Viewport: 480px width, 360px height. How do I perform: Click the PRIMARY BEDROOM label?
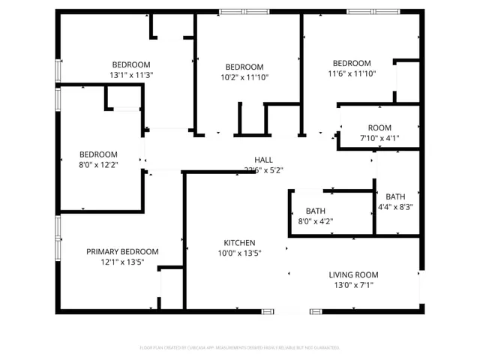[x=122, y=252]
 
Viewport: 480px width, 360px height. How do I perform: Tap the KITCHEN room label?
[x=240, y=243]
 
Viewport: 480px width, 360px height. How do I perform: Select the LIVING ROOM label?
[x=353, y=274]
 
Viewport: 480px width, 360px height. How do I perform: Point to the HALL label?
[x=263, y=160]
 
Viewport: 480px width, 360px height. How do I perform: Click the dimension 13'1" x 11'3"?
[x=131, y=75]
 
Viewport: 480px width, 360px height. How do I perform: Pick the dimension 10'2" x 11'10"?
[x=244, y=77]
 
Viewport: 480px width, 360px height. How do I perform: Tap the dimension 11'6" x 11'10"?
[x=351, y=73]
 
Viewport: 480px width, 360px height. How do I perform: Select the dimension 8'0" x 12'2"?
[x=98, y=165]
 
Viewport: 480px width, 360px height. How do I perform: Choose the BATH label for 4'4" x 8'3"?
[x=395, y=196]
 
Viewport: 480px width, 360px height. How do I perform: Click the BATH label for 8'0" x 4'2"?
[x=315, y=211]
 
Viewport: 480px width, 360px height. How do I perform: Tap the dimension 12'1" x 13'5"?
[x=122, y=262]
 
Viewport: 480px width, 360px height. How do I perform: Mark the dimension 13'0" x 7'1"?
[x=353, y=285]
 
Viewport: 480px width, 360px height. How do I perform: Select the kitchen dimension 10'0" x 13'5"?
[x=240, y=253]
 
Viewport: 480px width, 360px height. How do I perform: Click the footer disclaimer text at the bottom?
[x=240, y=347]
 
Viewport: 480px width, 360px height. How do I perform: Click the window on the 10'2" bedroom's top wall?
[x=244, y=11]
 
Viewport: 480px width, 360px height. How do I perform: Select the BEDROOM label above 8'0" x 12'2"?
[x=98, y=154]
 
